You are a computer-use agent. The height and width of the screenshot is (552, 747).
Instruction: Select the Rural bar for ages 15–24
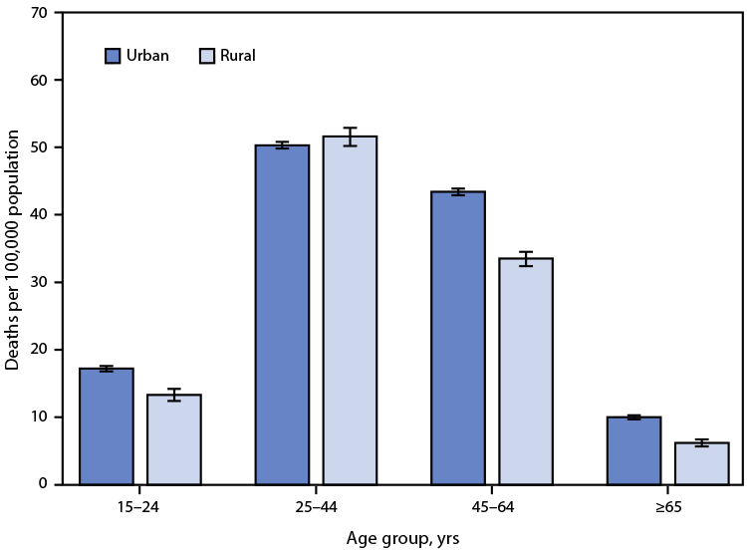point(174,439)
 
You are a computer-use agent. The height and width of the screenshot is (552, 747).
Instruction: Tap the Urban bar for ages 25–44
point(282,315)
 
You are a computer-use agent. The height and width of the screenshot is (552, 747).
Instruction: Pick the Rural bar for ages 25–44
point(350,310)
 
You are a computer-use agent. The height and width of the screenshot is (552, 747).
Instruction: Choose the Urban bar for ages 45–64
point(458,338)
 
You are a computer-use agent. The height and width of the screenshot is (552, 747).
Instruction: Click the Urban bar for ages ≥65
point(634,450)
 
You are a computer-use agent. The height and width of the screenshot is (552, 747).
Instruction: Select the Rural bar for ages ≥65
point(702,463)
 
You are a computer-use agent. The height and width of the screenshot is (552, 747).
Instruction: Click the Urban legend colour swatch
point(113,56)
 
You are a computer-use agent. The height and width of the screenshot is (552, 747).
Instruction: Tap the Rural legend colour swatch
point(207,56)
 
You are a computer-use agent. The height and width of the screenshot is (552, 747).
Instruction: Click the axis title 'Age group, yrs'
point(403,537)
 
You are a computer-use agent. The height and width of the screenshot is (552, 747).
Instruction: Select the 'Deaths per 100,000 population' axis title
point(13,249)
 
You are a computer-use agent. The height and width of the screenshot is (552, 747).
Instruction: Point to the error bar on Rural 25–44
point(350,137)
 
